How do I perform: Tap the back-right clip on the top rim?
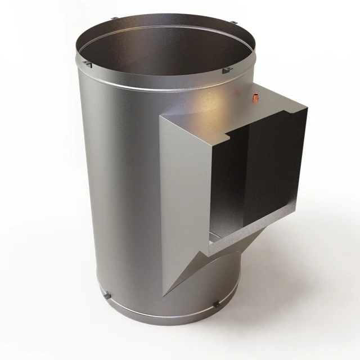pyautogui.click(x=233, y=22)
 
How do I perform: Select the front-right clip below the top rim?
pyautogui.click(x=227, y=71)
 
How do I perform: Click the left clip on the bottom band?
pyautogui.click(x=107, y=295)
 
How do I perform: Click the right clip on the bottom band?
pyautogui.click(x=216, y=304)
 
